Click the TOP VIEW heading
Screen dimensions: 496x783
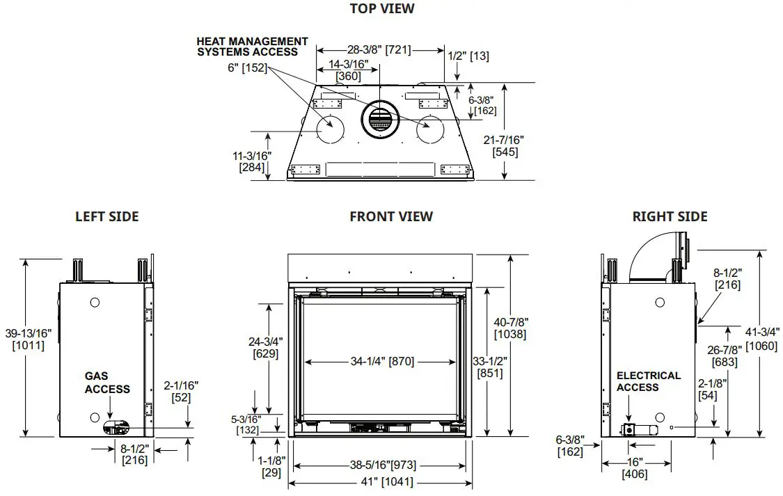point(382,9)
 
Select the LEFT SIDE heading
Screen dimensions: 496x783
point(106,217)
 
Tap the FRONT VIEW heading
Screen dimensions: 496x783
point(391,217)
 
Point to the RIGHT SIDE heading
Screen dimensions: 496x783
point(670,217)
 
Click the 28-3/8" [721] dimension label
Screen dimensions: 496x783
point(379,50)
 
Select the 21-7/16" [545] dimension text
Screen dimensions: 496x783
point(504,146)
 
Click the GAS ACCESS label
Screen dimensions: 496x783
point(107,383)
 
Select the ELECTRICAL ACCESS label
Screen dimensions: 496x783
point(648,381)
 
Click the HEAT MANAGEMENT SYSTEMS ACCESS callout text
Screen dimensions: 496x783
point(252,47)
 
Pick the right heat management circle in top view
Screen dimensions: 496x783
point(429,129)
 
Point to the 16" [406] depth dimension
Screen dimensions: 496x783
point(635,467)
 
